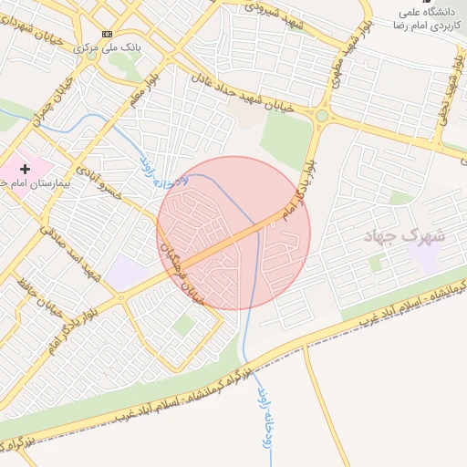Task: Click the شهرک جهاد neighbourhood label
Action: [404, 235]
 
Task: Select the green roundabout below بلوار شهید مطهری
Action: [321, 116]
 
